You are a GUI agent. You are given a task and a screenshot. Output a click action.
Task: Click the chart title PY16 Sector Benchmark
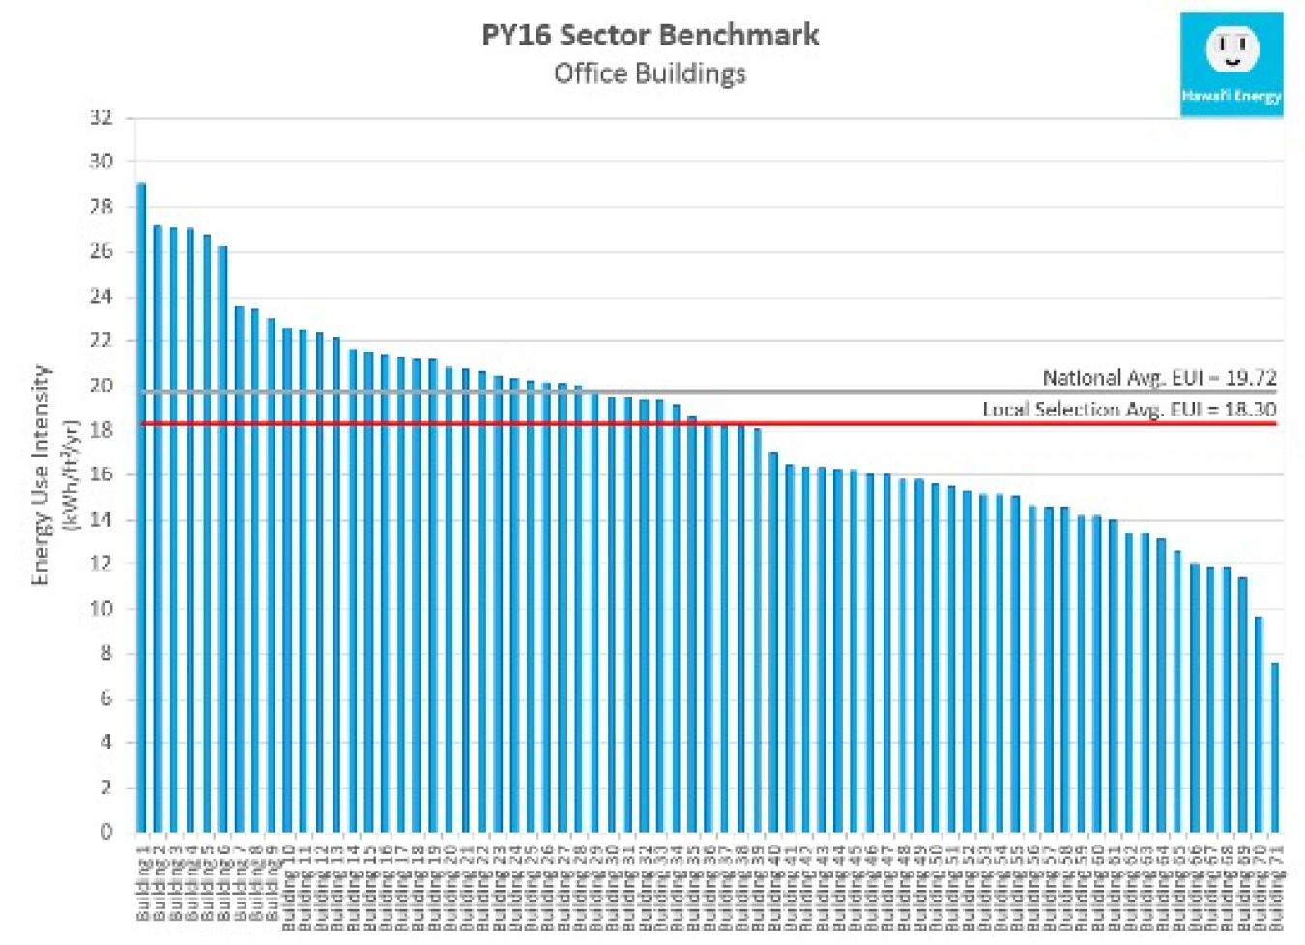point(650,36)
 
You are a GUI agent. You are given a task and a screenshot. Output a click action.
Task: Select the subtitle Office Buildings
point(650,73)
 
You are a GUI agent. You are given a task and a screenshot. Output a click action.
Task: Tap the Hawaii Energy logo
point(1231,64)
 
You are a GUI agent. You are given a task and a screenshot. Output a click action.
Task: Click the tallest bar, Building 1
point(141,502)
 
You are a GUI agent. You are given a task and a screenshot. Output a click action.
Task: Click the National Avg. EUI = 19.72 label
point(1158,377)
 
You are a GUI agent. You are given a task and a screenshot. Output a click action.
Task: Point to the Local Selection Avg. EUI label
point(1128,409)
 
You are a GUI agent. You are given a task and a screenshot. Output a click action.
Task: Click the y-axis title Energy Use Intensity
point(40,473)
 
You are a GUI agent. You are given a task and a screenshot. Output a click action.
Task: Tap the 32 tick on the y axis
point(101,118)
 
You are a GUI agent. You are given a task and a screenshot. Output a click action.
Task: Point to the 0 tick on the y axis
point(106,831)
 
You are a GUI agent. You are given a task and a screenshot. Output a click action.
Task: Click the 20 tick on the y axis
point(101,386)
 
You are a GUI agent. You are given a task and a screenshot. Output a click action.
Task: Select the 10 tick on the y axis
point(101,609)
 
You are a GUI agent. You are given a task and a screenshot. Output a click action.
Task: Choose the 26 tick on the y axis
point(101,251)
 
